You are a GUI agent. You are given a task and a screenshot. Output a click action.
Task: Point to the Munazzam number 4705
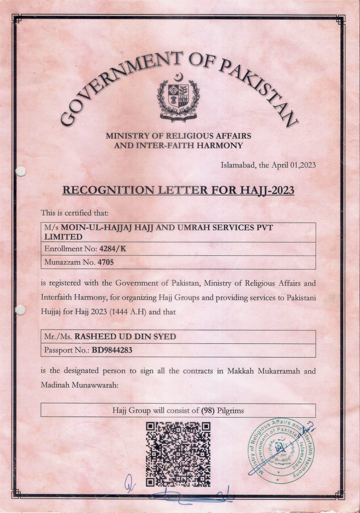106,262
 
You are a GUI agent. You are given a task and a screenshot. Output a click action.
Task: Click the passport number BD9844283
112,350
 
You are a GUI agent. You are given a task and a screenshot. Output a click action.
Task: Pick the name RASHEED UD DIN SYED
125,337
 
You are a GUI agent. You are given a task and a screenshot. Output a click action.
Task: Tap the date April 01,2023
293,165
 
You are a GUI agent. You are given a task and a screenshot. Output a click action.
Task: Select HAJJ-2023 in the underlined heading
267,190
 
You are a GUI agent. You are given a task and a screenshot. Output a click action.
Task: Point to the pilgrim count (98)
208,410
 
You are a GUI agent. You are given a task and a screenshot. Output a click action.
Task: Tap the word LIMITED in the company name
63,237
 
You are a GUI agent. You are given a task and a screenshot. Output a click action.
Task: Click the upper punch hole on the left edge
21,171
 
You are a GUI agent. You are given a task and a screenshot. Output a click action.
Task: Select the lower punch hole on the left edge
20,310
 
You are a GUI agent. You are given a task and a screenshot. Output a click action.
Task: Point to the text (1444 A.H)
128,312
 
